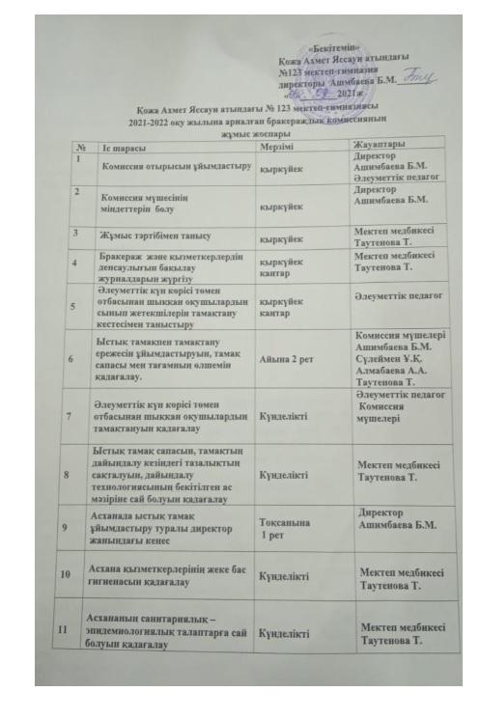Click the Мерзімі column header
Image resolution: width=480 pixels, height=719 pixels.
[x=278, y=147]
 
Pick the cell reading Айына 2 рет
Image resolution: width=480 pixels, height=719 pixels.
[x=284, y=356]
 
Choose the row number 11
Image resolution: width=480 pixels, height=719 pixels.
[x=69, y=628]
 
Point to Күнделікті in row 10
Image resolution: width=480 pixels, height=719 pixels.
[x=282, y=576]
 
